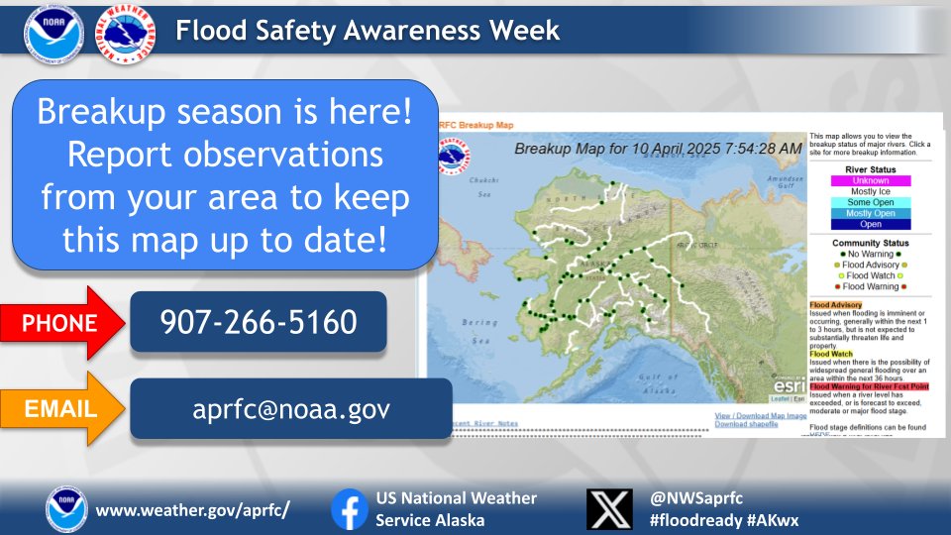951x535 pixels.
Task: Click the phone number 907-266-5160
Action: tap(259, 321)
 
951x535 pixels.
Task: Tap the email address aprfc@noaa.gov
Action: tap(291, 408)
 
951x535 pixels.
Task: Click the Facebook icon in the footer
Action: tap(349, 508)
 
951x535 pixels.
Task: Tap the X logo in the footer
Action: tap(609, 508)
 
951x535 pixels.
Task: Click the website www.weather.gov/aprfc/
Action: tap(193, 510)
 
